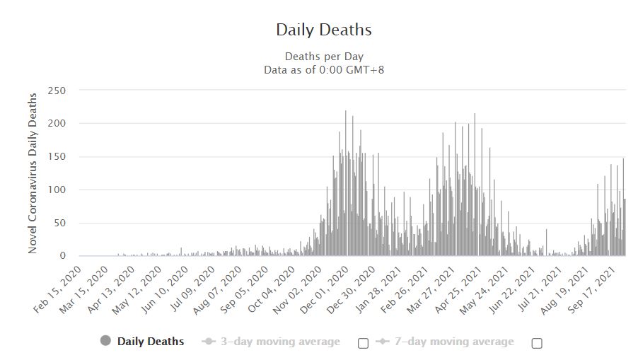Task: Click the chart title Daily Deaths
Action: [x=324, y=30]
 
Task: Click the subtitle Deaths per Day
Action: [x=324, y=57]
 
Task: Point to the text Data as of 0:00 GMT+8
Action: [x=324, y=70]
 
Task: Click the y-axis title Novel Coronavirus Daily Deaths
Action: [x=33, y=173]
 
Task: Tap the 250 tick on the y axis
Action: [x=57, y=91]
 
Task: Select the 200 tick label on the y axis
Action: [x=57, y=123]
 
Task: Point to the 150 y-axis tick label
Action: [x=57, y=156]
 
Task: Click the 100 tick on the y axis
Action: [x=57, y=190]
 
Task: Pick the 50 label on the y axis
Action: [x=59, y=223]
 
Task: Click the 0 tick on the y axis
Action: [x=63, y=256]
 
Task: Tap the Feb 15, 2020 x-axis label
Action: [x=57, y=289]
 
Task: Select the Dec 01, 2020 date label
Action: [x=324, y=290]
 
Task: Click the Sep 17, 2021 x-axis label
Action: [x=591, y=290]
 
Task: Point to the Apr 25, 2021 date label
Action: [x=458, y=290]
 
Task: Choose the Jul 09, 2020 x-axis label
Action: [x=192, y=289]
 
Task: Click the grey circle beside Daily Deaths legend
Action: [x=105, y=341]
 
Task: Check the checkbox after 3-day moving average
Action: [x=364, y=343]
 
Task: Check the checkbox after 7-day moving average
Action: [x=537, y=343]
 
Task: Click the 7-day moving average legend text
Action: [x=454, y=342]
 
